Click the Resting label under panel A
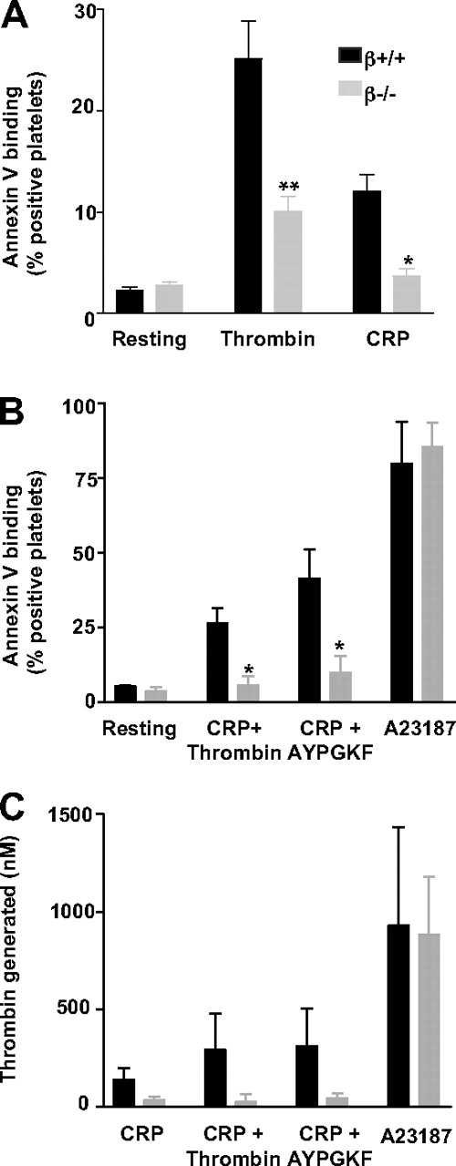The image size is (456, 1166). pyautogui.click(x=150, y=341)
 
